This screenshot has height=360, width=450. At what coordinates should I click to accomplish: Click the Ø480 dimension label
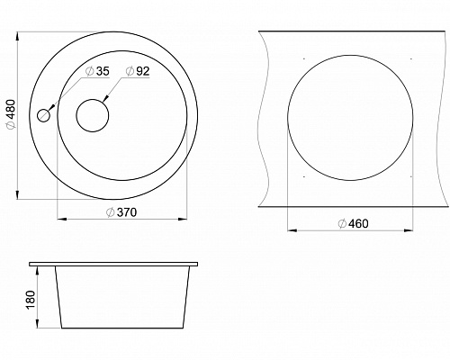point(11,114)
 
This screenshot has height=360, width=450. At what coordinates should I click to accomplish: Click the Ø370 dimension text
point(121,212)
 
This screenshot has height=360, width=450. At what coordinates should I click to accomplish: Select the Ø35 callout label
point(97,71)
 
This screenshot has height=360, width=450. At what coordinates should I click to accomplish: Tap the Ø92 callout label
point(138,71)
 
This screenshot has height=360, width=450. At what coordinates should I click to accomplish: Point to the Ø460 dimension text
point(353,224)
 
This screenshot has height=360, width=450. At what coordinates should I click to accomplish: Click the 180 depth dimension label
point(31,300)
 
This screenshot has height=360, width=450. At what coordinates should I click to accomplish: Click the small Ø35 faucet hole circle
point(43,115)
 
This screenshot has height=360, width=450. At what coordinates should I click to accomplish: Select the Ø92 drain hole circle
point(93,115)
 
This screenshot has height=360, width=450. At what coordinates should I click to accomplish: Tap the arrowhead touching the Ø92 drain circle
point(105,98)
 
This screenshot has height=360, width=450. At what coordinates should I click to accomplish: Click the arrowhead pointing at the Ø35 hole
point(51,107)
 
